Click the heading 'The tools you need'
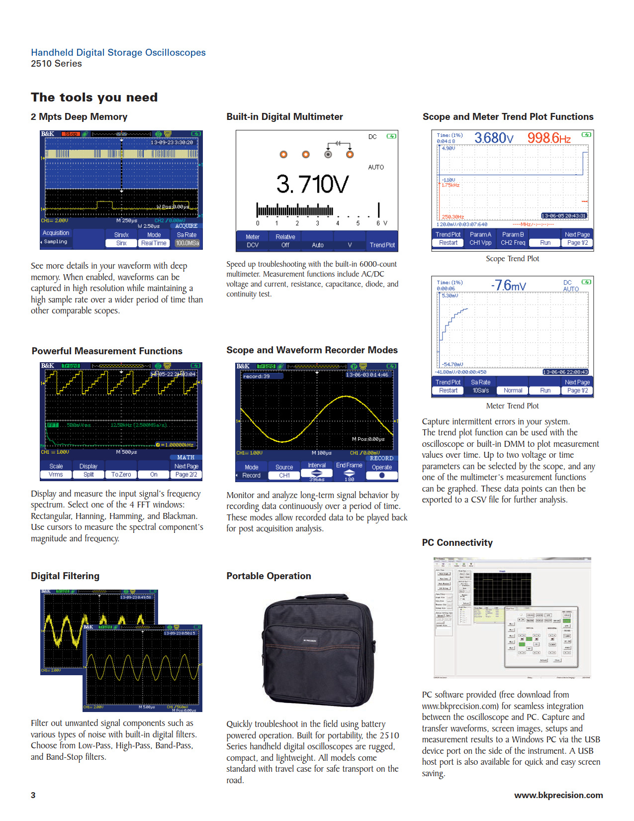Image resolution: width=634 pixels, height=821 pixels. tap(94, 98)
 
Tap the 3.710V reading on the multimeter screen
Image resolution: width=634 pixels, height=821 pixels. tap(312, 184)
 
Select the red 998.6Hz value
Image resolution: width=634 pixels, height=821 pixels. tap(548, 138)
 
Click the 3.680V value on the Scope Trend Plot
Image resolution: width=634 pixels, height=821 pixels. tap(493, 138)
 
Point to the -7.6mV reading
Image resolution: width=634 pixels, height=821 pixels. tap(508, 286)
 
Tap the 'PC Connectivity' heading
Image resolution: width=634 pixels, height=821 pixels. tap(457, 543)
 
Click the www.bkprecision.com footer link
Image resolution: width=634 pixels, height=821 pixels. tap(558, 795)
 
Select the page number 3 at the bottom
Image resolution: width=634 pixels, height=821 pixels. tap(33, 795)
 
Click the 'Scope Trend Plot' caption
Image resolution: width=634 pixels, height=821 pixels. tap(512, 259)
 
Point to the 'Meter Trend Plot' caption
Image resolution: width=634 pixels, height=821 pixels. tap(512, 406)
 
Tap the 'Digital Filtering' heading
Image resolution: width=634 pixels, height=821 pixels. tap(65, 576)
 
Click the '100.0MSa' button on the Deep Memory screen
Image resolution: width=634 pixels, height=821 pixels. tap(187, 243)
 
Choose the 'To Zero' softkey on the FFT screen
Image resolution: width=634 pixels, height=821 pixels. tap(121, 475)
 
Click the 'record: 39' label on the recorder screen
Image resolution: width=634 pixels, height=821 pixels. tap(257, 376)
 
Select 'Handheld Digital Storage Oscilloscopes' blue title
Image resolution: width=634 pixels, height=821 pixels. tap(118, 53)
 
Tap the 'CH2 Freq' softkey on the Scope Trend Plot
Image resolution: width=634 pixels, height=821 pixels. tap(513, 243)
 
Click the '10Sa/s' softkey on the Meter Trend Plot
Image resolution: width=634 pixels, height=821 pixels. tap(480, 391)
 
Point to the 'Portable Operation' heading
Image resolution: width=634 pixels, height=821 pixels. tap(269, 576)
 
